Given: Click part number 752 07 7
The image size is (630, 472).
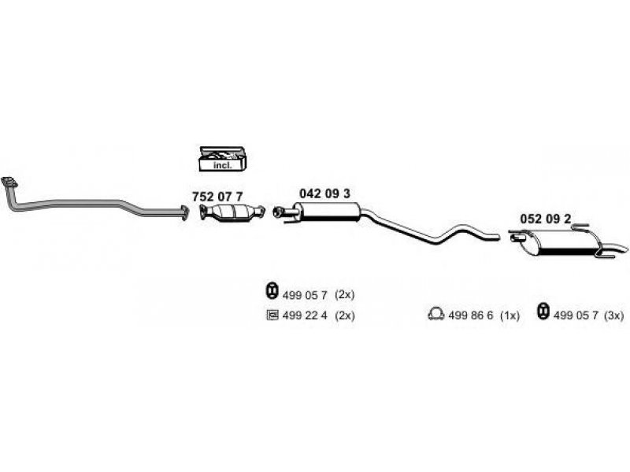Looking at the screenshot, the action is click(x=217, y=197).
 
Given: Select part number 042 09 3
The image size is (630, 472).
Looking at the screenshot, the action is click(x=324, y=194).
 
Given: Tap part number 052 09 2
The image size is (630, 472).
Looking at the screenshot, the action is click(x=545, y=219).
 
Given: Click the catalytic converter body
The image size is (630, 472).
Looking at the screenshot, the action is click(x=233, y=212).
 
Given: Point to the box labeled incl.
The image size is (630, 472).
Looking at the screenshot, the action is click(x=223, y=159).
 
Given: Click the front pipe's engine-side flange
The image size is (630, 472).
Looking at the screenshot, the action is click(x=9, y=183).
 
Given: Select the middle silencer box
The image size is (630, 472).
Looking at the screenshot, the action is click(x=328, y=211).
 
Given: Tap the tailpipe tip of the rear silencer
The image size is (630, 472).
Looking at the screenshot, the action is click(x=619, y=248).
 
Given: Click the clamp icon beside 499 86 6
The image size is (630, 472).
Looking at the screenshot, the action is click(x=436, y=314).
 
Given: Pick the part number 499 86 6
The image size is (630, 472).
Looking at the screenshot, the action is click(x=470, y=316).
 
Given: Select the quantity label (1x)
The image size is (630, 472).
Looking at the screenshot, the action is click(x=510, y=316).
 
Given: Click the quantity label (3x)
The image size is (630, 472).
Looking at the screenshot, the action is click(x=614, y=315).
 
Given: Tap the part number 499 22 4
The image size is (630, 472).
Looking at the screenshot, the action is click(x=305, y=315).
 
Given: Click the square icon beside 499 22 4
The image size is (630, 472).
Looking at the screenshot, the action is click(x=272, y=315).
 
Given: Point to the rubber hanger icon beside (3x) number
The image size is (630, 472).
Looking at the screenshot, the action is click(x=543, y=312).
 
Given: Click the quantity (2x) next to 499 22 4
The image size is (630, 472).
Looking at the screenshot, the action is click(x=345, y=315).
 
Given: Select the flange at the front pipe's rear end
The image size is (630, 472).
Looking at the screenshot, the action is click(x=184, y=212).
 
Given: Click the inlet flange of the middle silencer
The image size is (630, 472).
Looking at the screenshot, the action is click(x=278, y=212).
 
